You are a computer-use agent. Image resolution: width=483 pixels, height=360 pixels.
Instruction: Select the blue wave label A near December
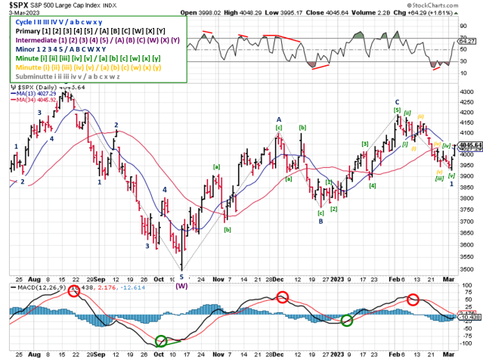click(278, 119)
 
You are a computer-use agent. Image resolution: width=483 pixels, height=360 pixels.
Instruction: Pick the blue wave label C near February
click(396, 101)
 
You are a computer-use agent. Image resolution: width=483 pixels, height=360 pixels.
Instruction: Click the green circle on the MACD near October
click(160, 342)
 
